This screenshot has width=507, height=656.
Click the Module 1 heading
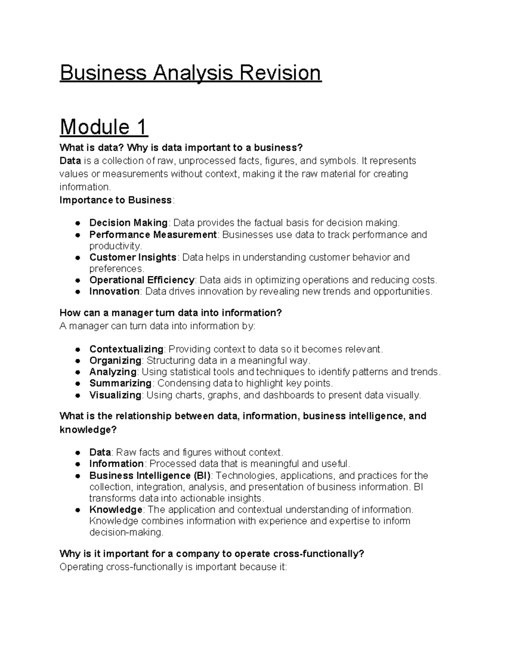(x=104, y=127)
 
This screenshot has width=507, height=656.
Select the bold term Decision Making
(x=128, y=223)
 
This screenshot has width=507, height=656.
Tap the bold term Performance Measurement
(x=153, y=234)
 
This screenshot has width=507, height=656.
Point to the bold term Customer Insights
(x=133, y=257)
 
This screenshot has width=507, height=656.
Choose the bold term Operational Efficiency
(x=142, y=280)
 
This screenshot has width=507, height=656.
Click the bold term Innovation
(x=114, y=291)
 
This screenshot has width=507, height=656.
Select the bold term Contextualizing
(x=126, y=349)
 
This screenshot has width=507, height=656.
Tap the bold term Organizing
(x=115, y=361)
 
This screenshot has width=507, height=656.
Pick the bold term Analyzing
(x=113, y=372)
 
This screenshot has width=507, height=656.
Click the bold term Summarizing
(x=120, y=384)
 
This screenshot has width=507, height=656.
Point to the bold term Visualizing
(x=115, y=395)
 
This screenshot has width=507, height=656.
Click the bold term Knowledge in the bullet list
(x=116, y=509)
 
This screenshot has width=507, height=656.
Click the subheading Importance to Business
(x=116, y=200)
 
